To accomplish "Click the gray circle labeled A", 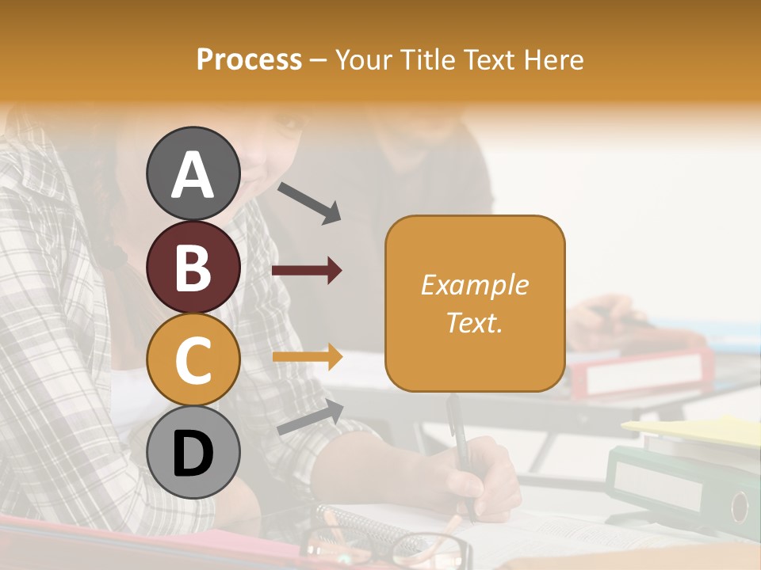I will pyautogui.click(x=193, y=174).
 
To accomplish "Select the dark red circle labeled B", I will pyautogui.click(x=193, y=268).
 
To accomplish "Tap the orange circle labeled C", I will pyautogui.click(x=193, y=360).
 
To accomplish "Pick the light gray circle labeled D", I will pyautogui.click(x=193, y=453).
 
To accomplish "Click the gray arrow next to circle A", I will pyautogui.click(x=309, y=202).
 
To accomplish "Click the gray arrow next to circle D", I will pyautogui.click(x=310, y=417).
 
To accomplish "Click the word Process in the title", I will pyautogui.click(x=249, y=59).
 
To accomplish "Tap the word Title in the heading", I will pyautogui.click(x=430, y=59).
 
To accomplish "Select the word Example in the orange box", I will pyautogui.click(x=474, y=285).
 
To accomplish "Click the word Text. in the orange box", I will pyautogui.click(x=474, y=322).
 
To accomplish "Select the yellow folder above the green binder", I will pyautogui.click(x=698, y=430).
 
